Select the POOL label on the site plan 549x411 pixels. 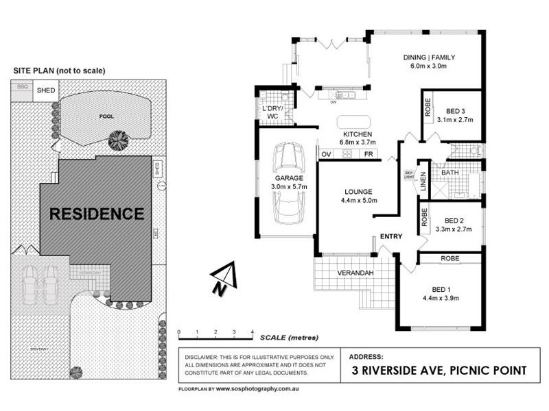[106, 116]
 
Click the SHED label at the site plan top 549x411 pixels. [46, 90]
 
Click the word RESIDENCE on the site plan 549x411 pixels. [97, 214]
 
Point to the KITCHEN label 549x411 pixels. [358, 134]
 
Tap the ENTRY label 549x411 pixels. [391, 237]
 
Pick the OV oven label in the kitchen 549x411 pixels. [327, 154]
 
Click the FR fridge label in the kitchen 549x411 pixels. [369, 154]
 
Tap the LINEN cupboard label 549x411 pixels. [423, 181]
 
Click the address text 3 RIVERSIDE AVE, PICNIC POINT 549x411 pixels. [438, 371]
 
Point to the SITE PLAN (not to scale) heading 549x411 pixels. [60, 71]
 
